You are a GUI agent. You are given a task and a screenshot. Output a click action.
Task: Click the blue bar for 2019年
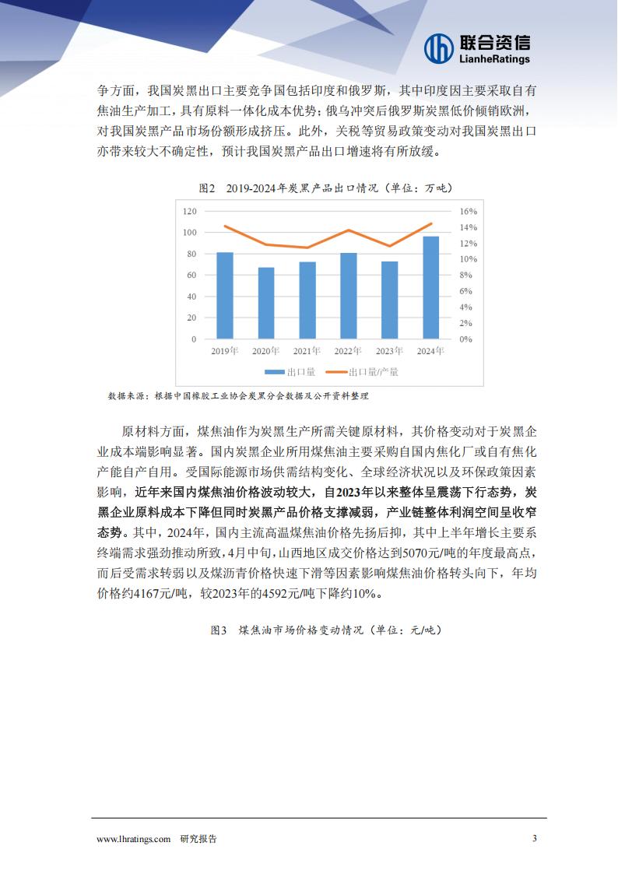click(225, 296)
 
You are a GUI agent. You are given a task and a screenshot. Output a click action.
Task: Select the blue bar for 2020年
click(266, 304)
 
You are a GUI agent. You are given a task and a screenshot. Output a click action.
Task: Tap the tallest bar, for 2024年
click(430, 288)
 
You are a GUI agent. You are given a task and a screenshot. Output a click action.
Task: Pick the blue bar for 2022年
click(349, 296)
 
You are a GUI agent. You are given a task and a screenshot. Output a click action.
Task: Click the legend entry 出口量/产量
click(362, 372)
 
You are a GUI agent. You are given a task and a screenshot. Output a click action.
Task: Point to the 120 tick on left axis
click(189, 211)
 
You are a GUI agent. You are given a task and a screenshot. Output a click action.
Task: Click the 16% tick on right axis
click(468, 211)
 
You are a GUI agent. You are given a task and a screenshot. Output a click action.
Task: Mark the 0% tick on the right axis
click(465, 339)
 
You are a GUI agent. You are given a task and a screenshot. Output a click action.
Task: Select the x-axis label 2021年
click(307, 352)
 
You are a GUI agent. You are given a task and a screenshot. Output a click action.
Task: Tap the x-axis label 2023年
click(389, 352)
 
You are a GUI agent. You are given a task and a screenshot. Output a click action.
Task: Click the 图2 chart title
click(325, 188)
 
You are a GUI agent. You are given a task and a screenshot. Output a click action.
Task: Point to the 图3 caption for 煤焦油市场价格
click(325, 630)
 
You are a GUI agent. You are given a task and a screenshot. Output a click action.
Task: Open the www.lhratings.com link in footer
click(133, 838)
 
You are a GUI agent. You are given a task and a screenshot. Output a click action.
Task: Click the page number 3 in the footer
click(534, 838)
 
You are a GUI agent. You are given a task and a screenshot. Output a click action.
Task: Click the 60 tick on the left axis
click(191, 276)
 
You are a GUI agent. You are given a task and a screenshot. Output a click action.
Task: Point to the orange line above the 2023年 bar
click(390, 246)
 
